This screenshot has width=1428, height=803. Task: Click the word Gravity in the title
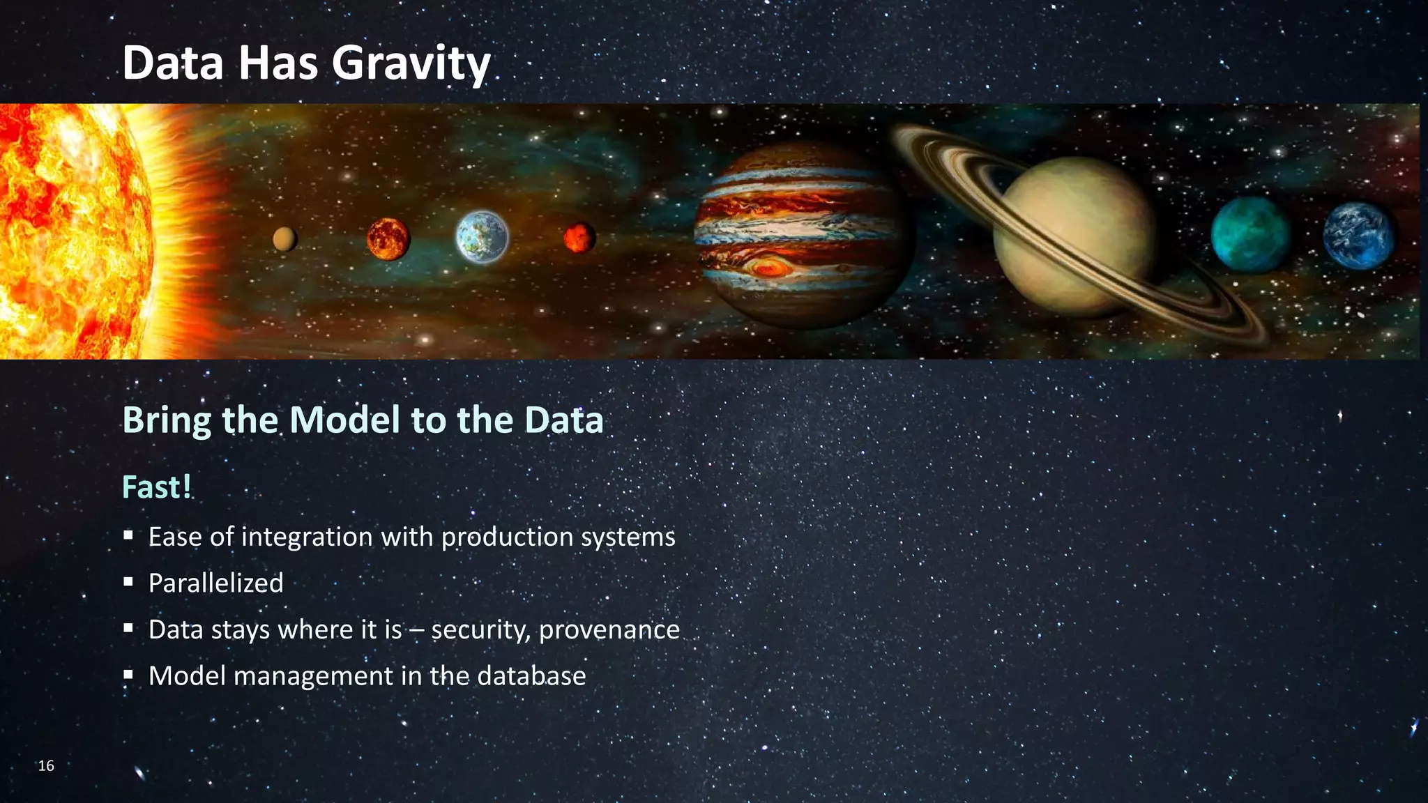click(411, 63)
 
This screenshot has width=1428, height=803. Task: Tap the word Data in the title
click(173, 63)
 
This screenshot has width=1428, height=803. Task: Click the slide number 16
click(46, 766)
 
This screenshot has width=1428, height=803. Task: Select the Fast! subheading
click(156, 487)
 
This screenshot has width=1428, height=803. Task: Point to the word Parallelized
click(215, 583)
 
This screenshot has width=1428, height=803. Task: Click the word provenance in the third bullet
click(609, 630)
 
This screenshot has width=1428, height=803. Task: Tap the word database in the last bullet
click(531, 676)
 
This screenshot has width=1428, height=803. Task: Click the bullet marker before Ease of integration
click(128, 536)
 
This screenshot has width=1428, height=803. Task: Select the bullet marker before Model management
click(128, 675)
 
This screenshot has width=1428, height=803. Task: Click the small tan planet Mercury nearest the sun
click(284, 239)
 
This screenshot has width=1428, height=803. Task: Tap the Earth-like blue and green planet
click(482, 237)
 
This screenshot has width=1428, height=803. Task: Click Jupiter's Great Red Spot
click(767, 267)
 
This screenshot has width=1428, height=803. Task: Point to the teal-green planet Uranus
click(1250, 234)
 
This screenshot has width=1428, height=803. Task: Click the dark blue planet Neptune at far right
click(1358, 236)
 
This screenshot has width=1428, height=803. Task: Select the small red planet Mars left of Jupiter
click(579, 238)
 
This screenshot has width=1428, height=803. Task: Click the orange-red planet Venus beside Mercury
click(388, 238)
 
